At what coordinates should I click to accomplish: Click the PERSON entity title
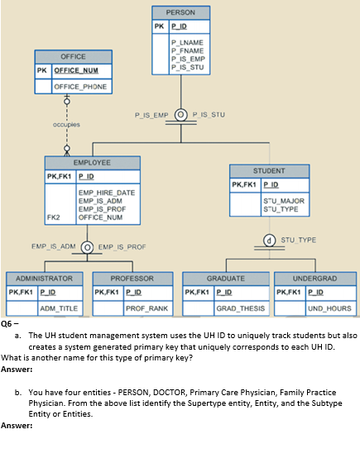coord(180,12)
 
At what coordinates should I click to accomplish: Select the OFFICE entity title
coord(73,56)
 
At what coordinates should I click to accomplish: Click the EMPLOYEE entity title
coord(92,163)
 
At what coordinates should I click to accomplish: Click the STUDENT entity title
coord(269,170)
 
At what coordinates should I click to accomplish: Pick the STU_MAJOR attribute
coord(282,201)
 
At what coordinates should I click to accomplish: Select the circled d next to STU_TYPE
coord(270,241)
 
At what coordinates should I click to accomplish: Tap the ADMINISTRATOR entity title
coord(44,278)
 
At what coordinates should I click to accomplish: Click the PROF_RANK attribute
coord(146,308)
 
